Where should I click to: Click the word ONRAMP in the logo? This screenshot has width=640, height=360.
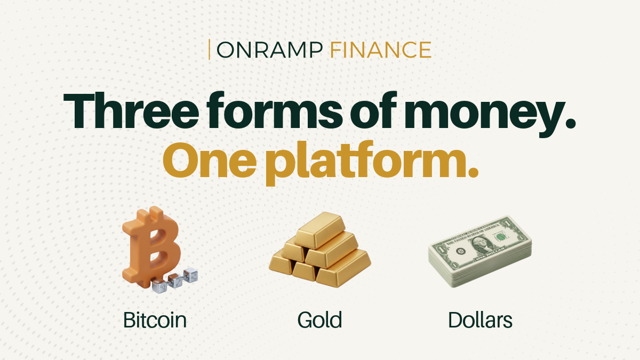(270, 50)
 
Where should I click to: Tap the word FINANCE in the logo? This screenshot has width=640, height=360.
(381, 50)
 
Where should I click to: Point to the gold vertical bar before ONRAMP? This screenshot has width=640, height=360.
(210, 50)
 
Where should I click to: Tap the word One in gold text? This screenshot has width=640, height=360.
(210, 159)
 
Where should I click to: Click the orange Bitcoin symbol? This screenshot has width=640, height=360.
(151, 246)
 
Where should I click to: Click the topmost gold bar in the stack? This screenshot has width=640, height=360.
(319, 229)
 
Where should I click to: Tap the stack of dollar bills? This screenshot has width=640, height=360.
(480, 251)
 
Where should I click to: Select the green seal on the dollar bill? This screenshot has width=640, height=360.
(501, 237)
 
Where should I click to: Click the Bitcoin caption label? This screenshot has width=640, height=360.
(155, 321)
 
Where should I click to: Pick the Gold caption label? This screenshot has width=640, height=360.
(319, 321)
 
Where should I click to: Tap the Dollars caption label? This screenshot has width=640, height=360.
(480, 321)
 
